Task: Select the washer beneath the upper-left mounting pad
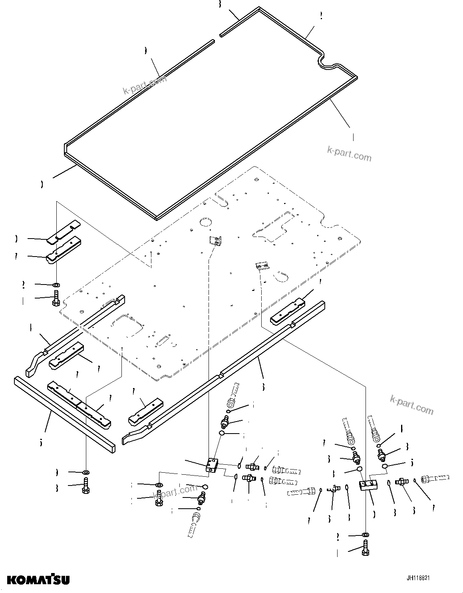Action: (x=56, y=285)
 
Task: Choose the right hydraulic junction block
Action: (x=368, y=485)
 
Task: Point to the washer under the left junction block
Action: (x=159, y=485)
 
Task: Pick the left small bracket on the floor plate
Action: (x=215, y=241)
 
